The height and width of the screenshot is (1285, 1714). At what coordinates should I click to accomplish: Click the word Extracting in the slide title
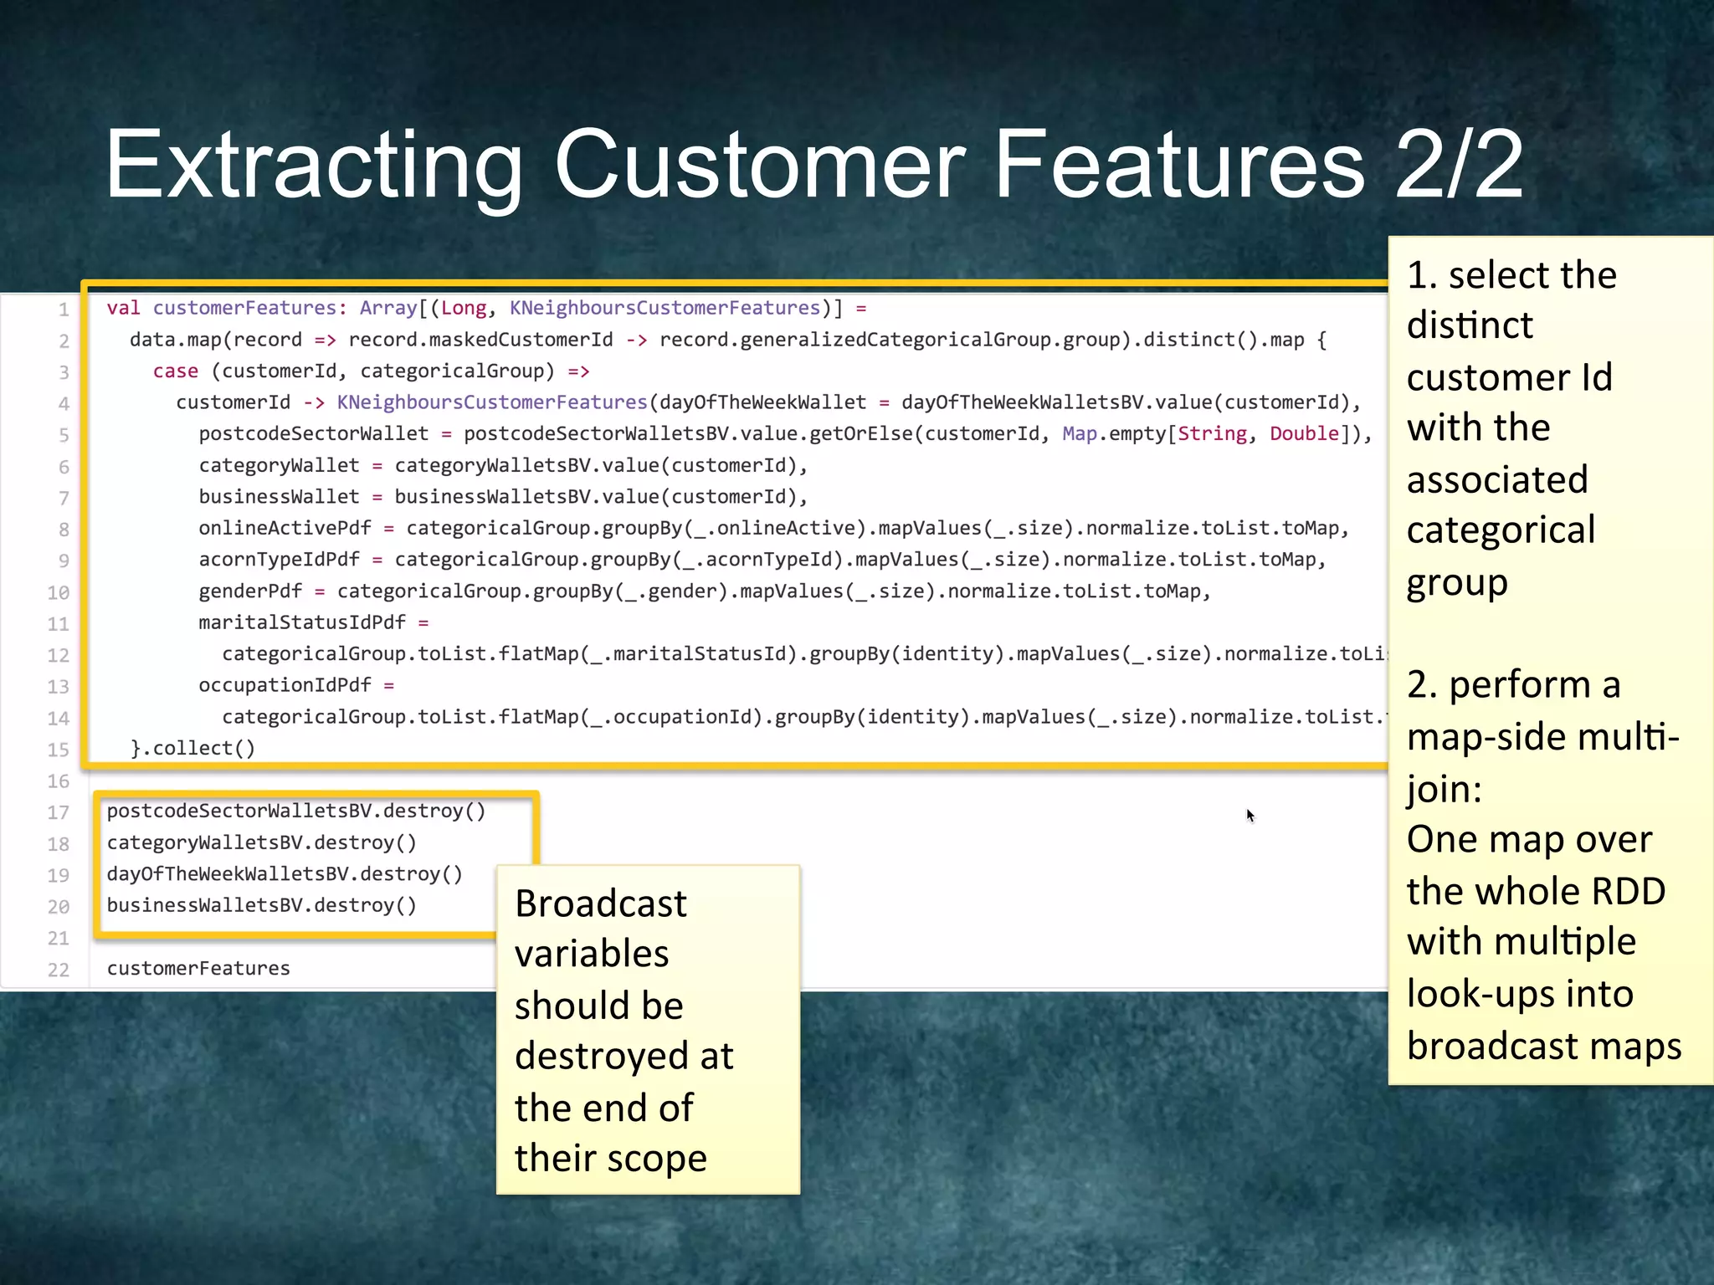point(314,165)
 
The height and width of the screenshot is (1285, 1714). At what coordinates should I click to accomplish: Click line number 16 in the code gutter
point(59,781)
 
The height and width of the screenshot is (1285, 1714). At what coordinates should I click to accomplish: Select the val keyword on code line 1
point(123,308)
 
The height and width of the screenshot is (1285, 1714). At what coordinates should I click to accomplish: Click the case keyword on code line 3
point(175,371)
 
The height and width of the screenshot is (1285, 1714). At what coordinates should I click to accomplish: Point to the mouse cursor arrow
point(1250,815)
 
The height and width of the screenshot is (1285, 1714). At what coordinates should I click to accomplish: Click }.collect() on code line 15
point(192,748)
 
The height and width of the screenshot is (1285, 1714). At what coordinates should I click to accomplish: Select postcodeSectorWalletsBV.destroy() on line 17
point(295,811)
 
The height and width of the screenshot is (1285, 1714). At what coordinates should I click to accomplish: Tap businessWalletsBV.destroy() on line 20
point(261,905)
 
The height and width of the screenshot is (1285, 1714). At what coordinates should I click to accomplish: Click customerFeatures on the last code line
point(198,968)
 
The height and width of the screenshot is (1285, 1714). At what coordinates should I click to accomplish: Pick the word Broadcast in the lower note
point(600,904)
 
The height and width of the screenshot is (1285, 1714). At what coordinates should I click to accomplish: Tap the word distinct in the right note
point(1470,325)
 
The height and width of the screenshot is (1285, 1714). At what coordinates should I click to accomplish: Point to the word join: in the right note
point(1444,789)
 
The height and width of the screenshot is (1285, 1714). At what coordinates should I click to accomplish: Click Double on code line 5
point(1304,433)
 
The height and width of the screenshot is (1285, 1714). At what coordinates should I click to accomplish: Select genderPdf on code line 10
point(250,591)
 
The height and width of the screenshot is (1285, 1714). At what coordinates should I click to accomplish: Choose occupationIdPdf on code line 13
point(285,685)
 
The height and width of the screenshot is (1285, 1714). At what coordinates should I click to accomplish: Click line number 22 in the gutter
point(59,970)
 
